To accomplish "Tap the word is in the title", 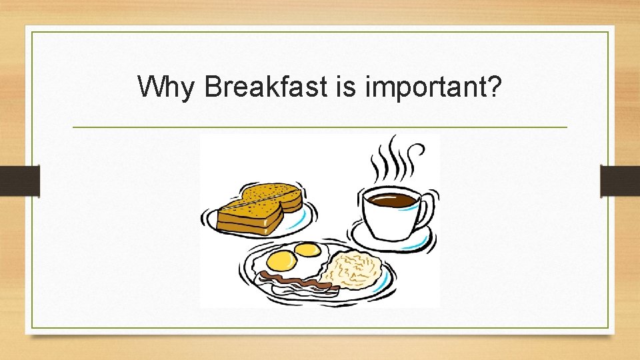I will pos(345,87).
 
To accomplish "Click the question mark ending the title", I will pos(494,87).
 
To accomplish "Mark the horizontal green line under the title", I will pos(320,127).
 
